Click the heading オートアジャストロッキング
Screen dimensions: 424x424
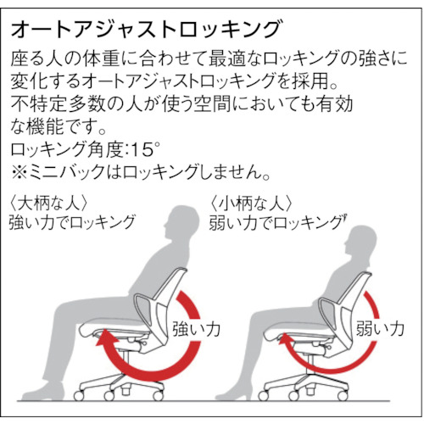[146, 29]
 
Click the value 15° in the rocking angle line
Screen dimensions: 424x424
[146, 149]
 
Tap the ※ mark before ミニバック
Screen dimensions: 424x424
[19, 172]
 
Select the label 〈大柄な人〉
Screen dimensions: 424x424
[47, 204]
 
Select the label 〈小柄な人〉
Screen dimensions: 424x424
[250, 204]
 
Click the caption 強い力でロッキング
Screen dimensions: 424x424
[72, 222]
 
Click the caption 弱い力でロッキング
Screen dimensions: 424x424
[278, 223]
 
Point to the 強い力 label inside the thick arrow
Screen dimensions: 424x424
[196, 329]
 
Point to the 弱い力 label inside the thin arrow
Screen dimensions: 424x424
[380, 329]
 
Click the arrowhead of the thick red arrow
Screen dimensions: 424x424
[105, 338]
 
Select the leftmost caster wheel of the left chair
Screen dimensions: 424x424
[79, 395]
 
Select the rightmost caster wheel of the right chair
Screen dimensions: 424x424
[343, 395]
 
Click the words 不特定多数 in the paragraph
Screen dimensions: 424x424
[57, 104]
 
